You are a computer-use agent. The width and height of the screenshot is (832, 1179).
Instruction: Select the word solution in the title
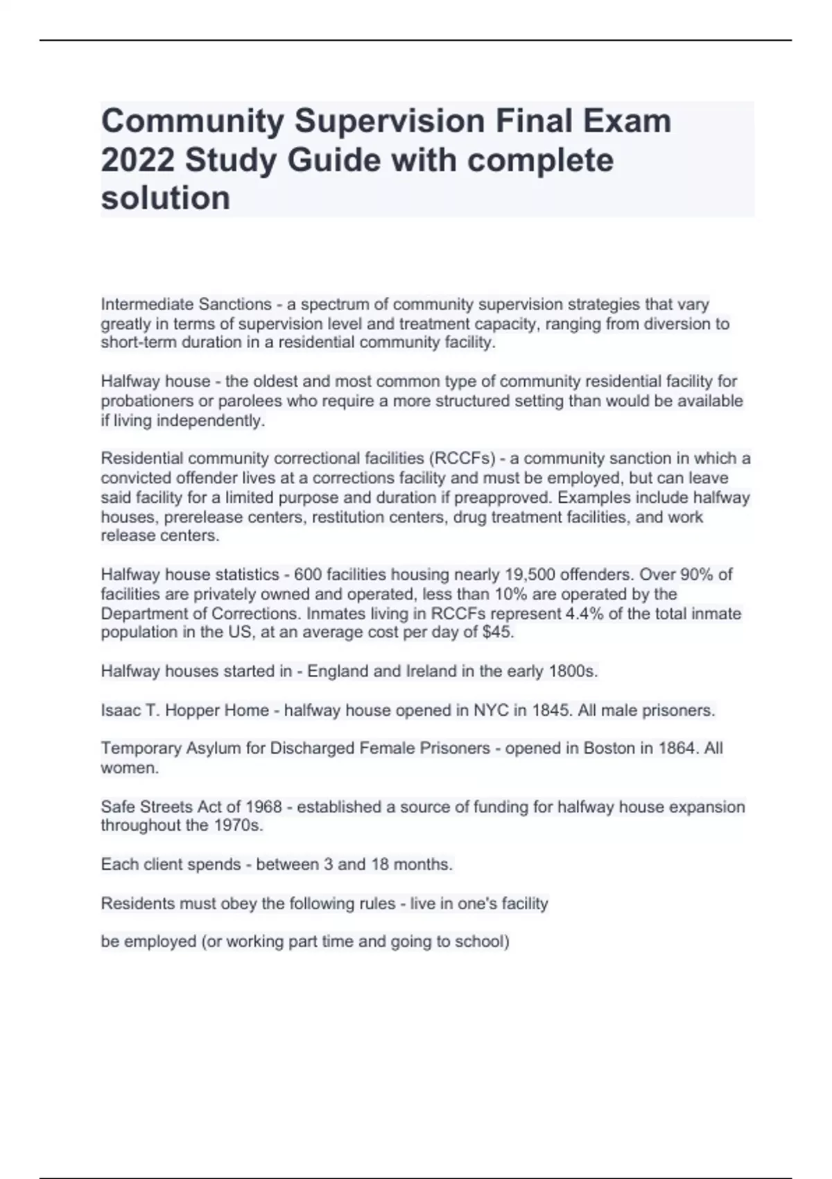click(166, 198)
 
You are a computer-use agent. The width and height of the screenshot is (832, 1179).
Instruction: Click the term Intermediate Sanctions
click(186, 304)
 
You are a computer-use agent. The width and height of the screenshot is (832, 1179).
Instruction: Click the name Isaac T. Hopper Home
click(184, 710)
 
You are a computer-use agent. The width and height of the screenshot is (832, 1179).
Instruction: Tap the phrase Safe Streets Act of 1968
click(191, 807)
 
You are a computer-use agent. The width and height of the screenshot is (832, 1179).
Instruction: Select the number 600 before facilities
click(307, 575)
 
